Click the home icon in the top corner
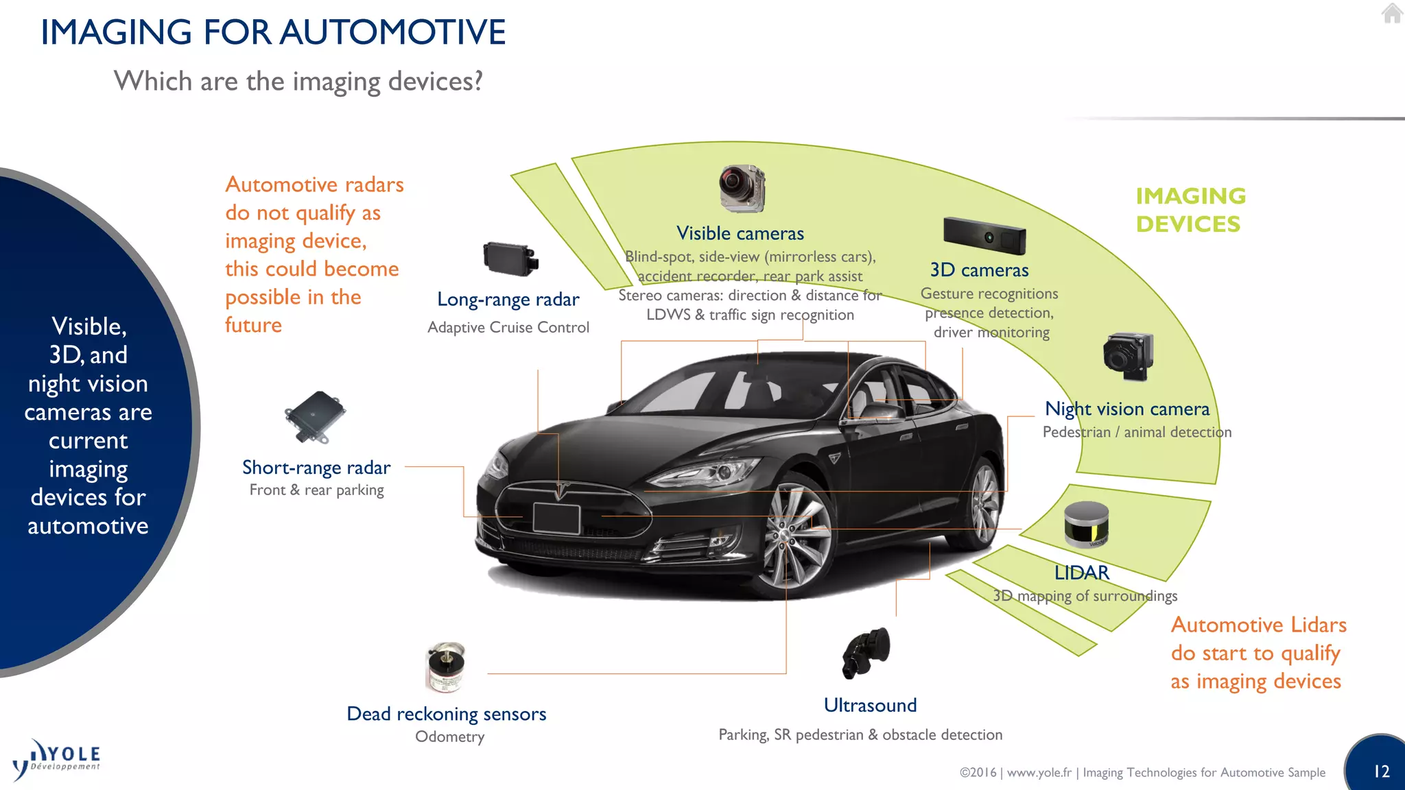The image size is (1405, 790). pos(1392,13)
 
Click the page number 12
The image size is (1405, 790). pos(1381,771)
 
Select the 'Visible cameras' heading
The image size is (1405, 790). pos(740,233)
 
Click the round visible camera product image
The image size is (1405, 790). pos(742,188)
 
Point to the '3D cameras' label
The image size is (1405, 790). pos(979,270)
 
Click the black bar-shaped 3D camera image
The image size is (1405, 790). pos(984,235)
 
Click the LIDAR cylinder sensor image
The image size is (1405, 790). pos(1086,525)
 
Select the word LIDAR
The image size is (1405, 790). pos(1081,573)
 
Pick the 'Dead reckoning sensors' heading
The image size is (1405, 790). pos(446,714)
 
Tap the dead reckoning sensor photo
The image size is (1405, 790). pos(445,667)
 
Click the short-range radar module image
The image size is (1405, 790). pos(315,417)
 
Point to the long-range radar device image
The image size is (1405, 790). pos(510,259)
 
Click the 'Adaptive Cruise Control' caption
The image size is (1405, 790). pos(508,328)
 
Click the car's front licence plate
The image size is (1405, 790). pos(556,518)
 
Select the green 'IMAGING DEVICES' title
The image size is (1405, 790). pos(1190,210)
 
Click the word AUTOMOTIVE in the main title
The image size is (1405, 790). pos(392,32)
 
